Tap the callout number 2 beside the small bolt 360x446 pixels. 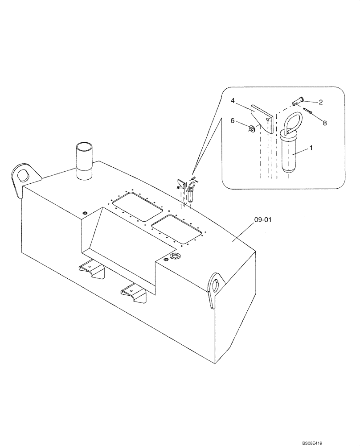pyautogui.click(x=320, y=102)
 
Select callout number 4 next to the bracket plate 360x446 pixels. pyautogui.click(x=232, y=101)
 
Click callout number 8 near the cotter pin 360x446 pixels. pyautogui.click(x=325, y=123)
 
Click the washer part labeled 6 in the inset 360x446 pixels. pyautogui.click(x=252, y=129)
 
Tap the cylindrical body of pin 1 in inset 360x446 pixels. pyautogui.click(x=290, y=154)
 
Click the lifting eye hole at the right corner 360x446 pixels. pyautogui.click(x=215, y=284)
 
